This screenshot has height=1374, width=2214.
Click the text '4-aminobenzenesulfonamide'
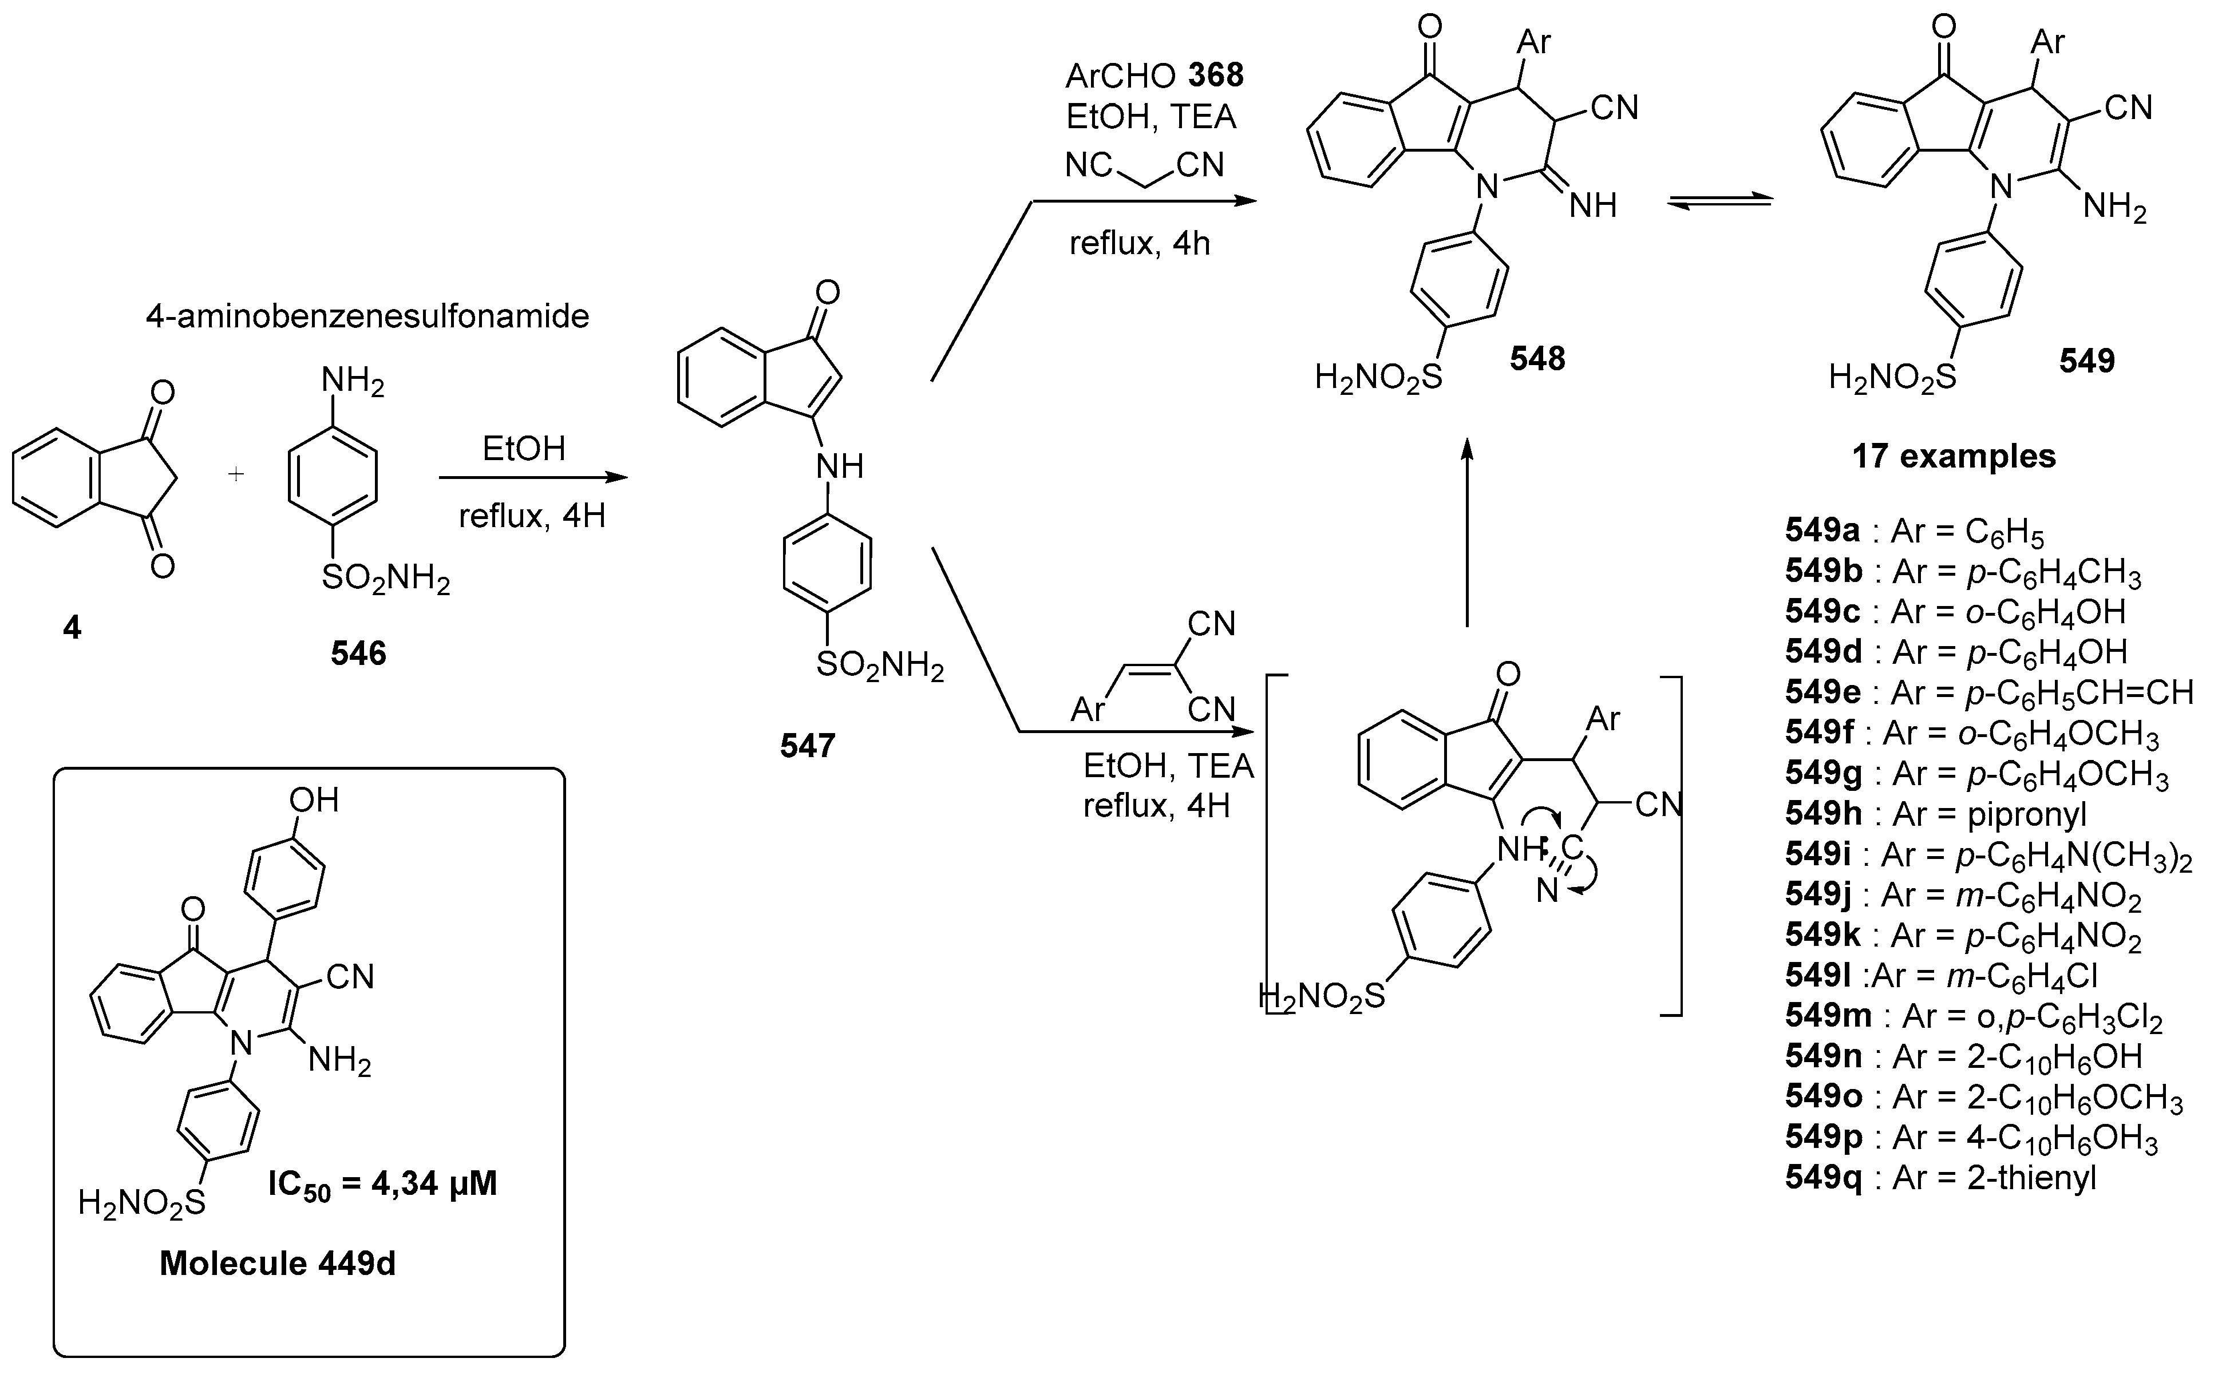(x=367, y=316)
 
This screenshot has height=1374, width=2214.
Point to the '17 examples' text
(x=1954, y=456)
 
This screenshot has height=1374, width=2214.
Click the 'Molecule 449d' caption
(x=277, y=1263)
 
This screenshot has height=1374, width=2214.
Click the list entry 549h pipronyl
(x=1936, y=814)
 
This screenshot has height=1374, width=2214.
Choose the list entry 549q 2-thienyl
(x=1940, y=1178)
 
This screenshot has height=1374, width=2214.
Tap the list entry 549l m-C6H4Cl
(x=1940, y=976)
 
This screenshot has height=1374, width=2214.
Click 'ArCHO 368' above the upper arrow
(x=1155, y=76)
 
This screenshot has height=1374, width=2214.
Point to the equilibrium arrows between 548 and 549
(x=1719, y=202)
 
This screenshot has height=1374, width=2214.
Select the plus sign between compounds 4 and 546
(x=236, y=474)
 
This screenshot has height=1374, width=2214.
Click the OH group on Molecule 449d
(x=314, y=801)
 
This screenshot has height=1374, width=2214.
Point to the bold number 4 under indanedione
(x=72, y=627)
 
